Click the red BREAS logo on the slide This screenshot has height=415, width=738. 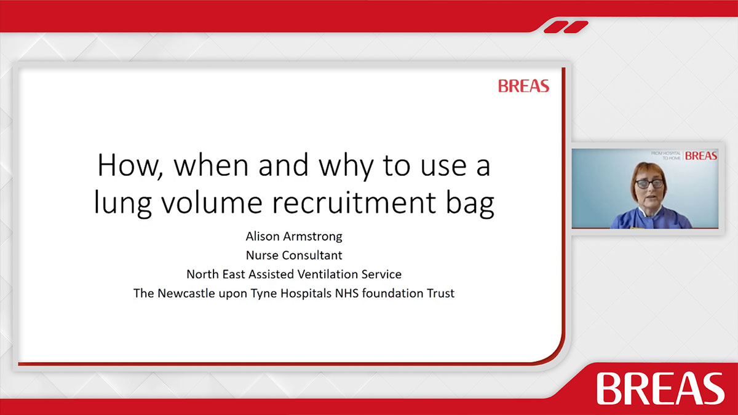click(523, 86)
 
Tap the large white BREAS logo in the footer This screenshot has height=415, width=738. click(661, 389)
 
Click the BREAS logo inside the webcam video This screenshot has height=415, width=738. click(700, 156)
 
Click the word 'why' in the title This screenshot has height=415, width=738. click(346, 167)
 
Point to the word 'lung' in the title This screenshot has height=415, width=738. click(122, 204)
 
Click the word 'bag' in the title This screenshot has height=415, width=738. click(470, 204)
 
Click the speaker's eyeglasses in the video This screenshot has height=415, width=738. click(649, 183)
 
